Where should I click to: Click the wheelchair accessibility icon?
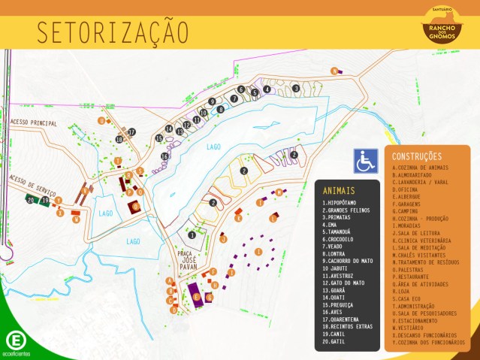[x=366, y=160]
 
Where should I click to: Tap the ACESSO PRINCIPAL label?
[x=34, y=123]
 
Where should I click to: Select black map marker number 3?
[x=295, y=89]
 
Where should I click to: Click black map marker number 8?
[x=220, y=109]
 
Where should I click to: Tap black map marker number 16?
[x=165, y=156]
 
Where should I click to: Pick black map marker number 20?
[x=31, y=201]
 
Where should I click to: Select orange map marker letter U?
[x=101, y=120]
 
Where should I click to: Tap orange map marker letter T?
[x=117, y=161]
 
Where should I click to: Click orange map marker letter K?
[x=238, y=219]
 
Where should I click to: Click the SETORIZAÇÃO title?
[x=113, y=32]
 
